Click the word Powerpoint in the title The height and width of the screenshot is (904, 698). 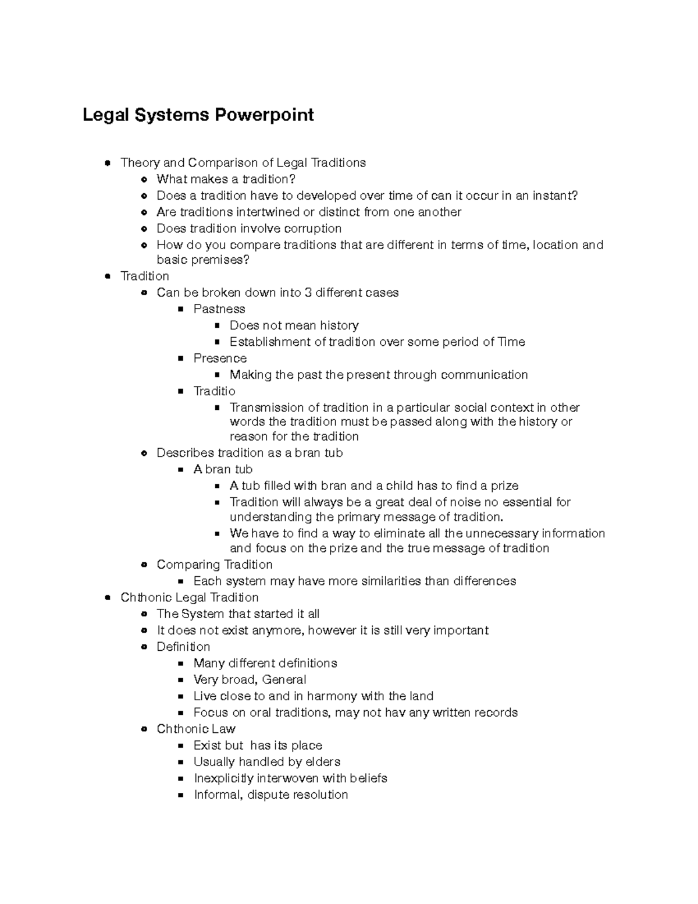[x=264, y=115]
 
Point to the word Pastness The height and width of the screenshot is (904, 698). [x=219, y=309]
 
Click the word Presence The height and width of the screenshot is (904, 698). [x=220, y=358]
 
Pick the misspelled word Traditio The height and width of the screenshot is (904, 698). [x=214, y=391]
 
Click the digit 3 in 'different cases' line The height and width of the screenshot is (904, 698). [x=308, y=292]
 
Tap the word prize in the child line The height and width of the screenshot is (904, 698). [x=504, y=485]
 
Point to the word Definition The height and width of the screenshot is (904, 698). [x=183, y=647]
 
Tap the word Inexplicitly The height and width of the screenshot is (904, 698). [x=223, y=778]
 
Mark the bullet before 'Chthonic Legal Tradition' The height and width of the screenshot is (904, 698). [x=107, y=598]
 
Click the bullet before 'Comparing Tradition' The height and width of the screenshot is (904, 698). [x=144, y=565]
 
